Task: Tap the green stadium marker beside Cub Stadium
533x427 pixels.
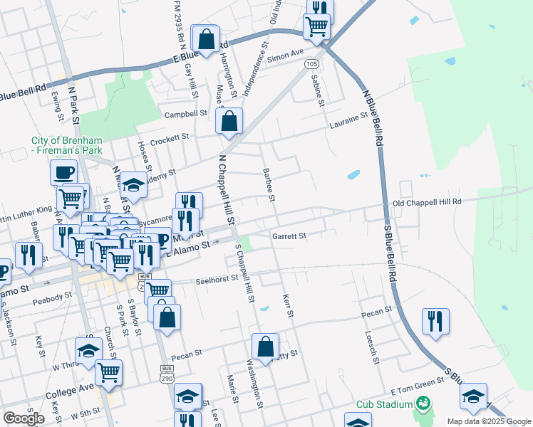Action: point(423,404)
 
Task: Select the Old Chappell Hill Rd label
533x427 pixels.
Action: point(428,202)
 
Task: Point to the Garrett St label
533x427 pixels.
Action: point(289,236)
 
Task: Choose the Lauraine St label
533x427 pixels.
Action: point(347,124)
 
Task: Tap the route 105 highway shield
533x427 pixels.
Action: point(311,63)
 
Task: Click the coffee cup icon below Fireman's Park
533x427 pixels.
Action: point(63,172)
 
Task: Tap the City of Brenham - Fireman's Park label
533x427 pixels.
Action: point(67,145)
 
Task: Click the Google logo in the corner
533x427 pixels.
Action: point(24,418)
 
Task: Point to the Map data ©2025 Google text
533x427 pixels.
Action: point(488,421)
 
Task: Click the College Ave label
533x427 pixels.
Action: point(71,390)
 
